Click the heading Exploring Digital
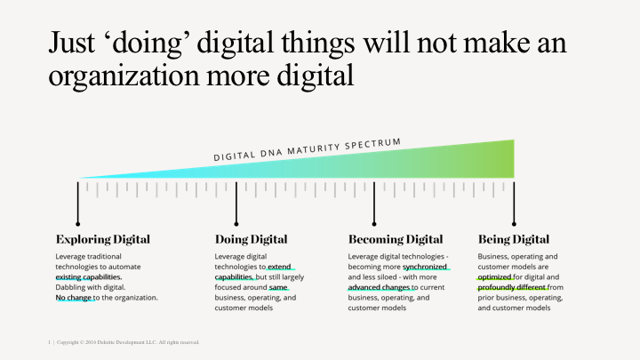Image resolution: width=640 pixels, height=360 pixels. (103, 239)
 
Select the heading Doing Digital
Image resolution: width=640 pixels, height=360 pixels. (251, 239)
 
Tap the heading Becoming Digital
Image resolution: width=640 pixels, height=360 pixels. (396, 239)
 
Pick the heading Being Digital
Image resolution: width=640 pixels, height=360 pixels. (514, 239)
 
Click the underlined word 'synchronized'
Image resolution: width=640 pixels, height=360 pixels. (425, 266)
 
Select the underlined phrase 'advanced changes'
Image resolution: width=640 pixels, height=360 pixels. (380, 287)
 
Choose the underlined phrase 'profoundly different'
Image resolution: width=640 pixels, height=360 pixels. (512, 287)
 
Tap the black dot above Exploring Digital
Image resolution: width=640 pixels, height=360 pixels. (78, 223)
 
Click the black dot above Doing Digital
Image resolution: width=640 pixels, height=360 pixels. (236, 223)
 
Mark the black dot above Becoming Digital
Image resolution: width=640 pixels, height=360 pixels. (374, 223)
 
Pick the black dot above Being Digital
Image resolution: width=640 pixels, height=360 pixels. (514, 223)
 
